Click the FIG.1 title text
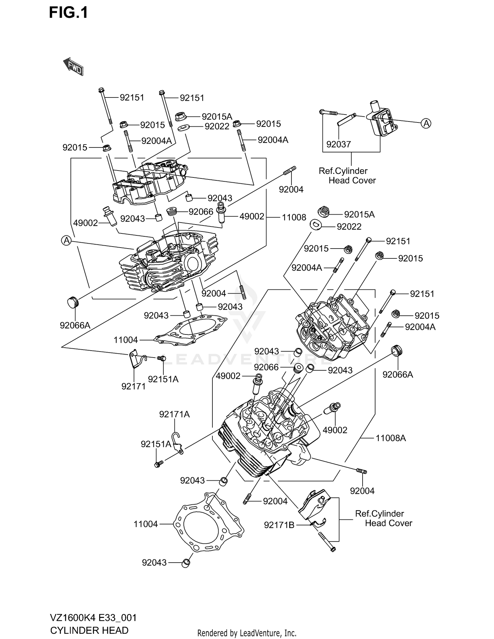click(69, 13)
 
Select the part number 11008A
click(391, 438)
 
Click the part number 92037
click(339, 144)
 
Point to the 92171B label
click(279, 525)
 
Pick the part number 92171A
click(174, 414)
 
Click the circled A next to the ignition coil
click(426, 123)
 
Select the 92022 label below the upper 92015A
click(217, 126)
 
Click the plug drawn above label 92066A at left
click(73, 302)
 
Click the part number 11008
click(294, 217)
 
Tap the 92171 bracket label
click(133, 386)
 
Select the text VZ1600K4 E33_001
click(93, 618)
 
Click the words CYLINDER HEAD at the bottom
click(89, 630)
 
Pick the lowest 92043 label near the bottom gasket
click(154, 563)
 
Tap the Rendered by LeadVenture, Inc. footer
click(247, 633)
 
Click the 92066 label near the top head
click(201, 212)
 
